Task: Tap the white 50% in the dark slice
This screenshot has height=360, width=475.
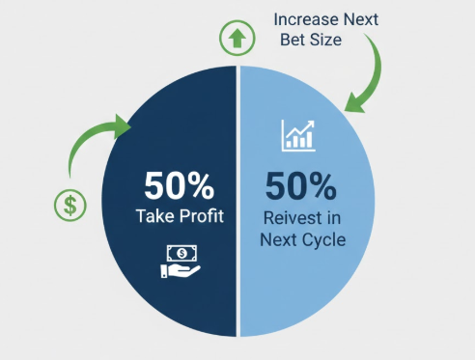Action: click(x=179, y=186)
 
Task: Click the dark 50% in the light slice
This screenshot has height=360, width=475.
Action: click(x=301, y=186)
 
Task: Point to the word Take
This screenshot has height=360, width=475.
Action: click(x=155, y=215)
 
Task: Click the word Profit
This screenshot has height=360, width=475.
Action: click(x=202, y=215)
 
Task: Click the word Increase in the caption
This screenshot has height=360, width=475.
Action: click(x=305, y=19)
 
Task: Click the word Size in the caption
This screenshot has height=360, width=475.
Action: click(x=325, y=40)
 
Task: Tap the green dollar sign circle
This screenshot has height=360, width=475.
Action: click(x=70, y=206)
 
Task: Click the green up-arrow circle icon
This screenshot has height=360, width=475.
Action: click(x=237, y=38)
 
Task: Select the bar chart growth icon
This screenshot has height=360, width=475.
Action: click(x=298, y=135)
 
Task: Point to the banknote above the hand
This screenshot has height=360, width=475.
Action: click(x=182, y=253)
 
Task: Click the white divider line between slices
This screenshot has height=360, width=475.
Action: click(x=238, y=201)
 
